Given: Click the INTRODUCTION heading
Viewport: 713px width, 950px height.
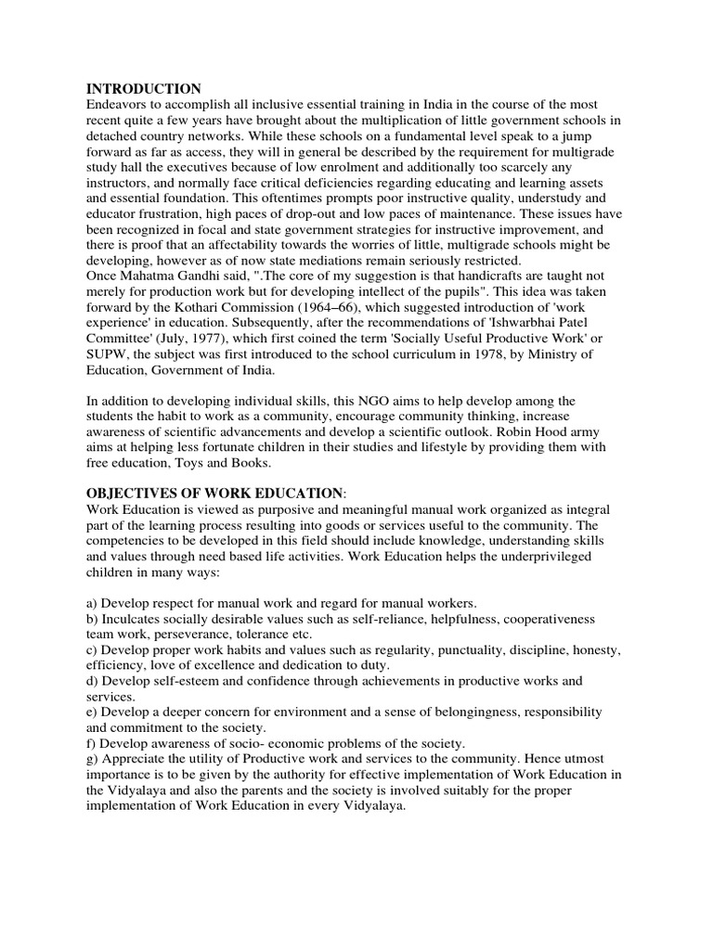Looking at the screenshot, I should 144,89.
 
